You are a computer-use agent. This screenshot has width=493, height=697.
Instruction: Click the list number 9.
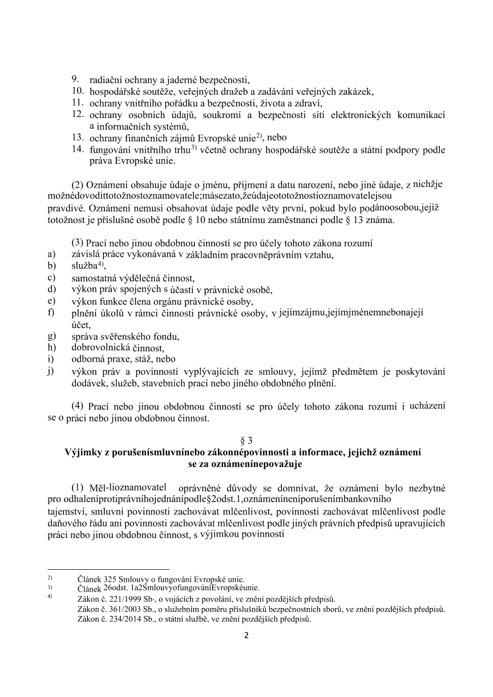75,79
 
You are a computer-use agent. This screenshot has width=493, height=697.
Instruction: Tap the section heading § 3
246,440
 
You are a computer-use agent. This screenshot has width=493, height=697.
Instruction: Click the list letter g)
52,336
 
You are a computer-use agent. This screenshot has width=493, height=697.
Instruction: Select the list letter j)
52,371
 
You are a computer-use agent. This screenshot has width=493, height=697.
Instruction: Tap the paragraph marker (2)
77,185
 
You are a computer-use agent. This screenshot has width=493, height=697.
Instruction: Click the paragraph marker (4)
78,407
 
